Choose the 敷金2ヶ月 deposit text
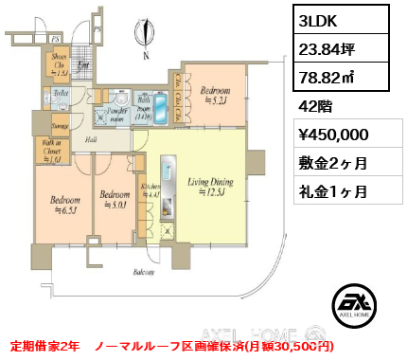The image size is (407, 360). click(x=327, y=163)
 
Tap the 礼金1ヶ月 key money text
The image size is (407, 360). click(x=327, y=190)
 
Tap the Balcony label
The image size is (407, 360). click(x=144, y=271)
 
